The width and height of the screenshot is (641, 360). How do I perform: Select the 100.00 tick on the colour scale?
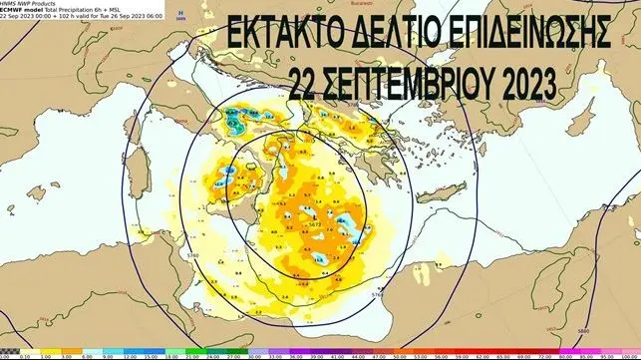coord(628,356)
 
